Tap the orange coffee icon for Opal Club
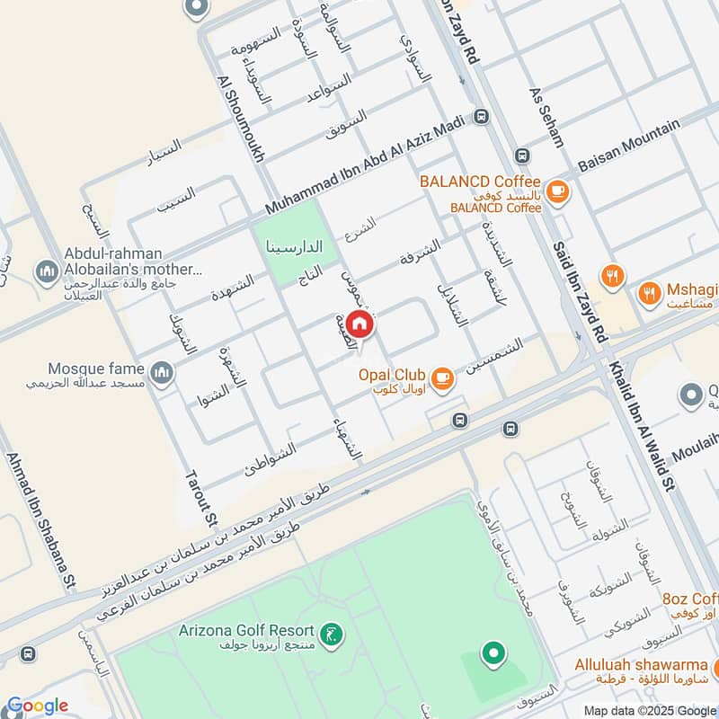[x=441, y=378]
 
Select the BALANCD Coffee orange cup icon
[x=558, y=191]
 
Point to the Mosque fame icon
[x=161, y=372]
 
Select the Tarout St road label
[x=201, y=498]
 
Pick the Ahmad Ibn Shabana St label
[x=39, y=520]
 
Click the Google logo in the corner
[x=38, y=706]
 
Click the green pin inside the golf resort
[x=492, y=653]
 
